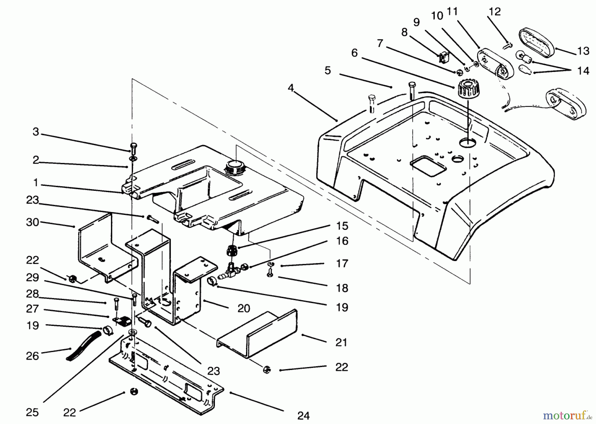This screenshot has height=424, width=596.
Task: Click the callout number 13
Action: tap(583, 51)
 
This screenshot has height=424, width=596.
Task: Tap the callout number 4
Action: tap(291, 88)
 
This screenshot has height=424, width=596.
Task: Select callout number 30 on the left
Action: tap(32, 222)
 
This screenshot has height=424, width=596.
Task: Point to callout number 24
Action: tap(304, 415)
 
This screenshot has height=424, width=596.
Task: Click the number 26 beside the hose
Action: tap(32, 356)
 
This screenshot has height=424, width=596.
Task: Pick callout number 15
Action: tap(342, 226)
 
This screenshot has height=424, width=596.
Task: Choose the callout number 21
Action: tap(341, 342)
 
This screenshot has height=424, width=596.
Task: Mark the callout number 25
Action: tap(32, 412)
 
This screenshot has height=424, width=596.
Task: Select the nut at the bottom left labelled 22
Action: tap(134, 392)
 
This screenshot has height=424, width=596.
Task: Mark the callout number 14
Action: tap(583, 71)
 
